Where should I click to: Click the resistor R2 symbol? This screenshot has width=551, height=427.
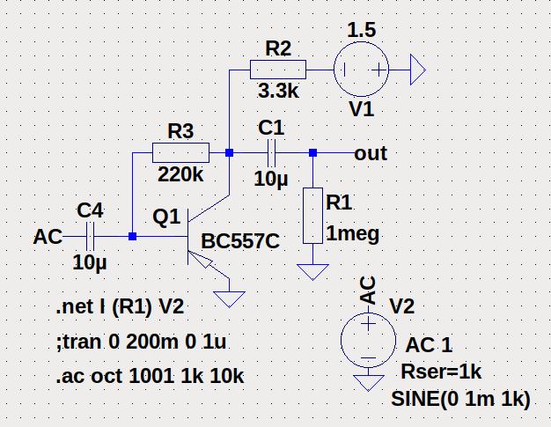277,69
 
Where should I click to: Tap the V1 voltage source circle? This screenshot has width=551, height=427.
361,70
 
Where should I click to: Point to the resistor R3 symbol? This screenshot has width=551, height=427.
180,152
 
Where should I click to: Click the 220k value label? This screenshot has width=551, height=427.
180,174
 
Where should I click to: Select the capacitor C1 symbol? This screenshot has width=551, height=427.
271,152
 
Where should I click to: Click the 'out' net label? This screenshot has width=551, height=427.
371,153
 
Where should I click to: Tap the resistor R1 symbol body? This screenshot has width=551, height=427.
312,215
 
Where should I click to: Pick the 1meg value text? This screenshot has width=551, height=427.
352,234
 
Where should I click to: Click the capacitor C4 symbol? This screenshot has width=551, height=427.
90,236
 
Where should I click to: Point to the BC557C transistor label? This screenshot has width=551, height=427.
239,241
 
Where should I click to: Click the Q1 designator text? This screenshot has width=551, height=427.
165,216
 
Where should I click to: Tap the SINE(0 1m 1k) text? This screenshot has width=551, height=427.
459,398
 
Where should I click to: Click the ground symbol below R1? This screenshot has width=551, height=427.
312,269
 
